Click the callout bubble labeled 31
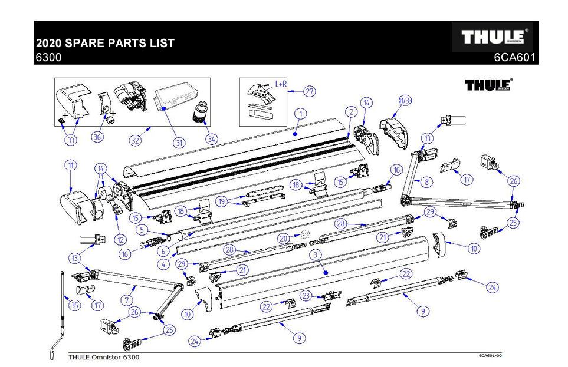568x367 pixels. pyautogui.click(x=179, y=142)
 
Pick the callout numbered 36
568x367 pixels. pyautogui.click(x=97, y=137)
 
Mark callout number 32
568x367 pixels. pyautogui.click(x=136, y=141)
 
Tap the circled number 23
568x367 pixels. pyautogui.click(x=306, y=295)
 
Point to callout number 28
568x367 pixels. pyautogui.click(x=340, y=223)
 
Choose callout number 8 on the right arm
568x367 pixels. pyautogui.click(x=425, y=182)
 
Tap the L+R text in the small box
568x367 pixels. pyautogui.click(x=281, y=84)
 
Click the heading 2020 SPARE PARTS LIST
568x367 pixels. pyautogui.click(x=105, y=44)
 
